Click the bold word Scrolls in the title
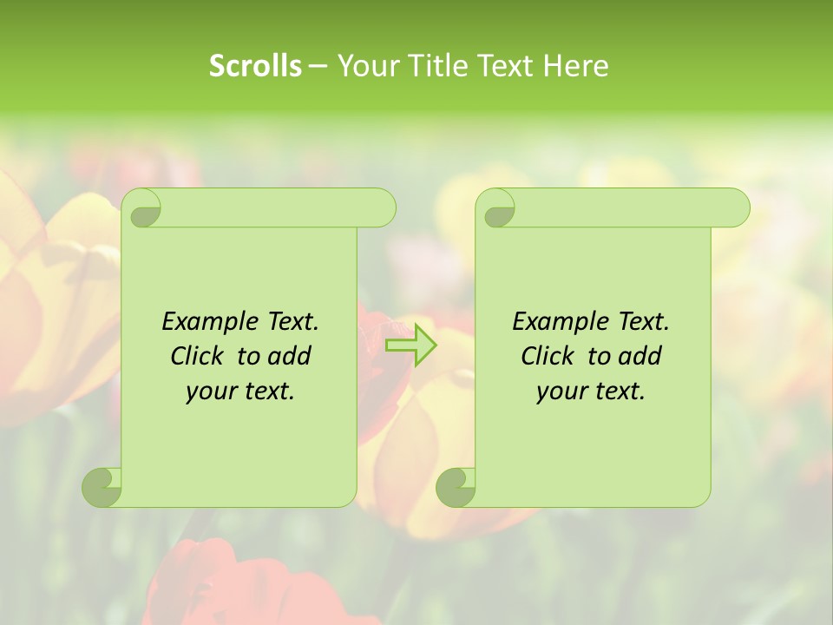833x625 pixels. coord(255,66)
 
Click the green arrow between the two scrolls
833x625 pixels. coord(411,345)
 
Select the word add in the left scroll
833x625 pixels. coord(289,356)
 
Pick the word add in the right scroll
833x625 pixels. coord(640,356)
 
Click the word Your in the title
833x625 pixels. coord(367,66)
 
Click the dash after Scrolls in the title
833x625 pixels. coord(318,66)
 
